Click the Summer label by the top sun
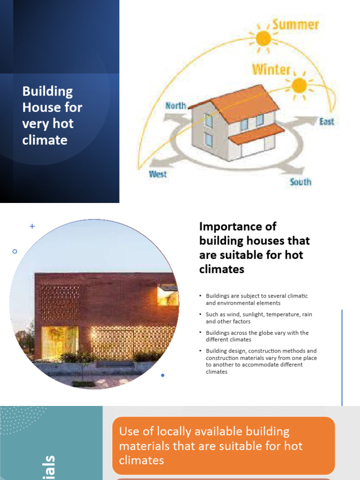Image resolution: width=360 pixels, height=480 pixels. point(295,24)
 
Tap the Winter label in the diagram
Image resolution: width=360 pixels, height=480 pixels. point(271,69)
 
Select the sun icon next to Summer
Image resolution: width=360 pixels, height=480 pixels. point(263,37)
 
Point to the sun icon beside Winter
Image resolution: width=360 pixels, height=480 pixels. point(299,85)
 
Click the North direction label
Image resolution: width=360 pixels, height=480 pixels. point(176,106)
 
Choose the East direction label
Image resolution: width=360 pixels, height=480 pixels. point(327,121)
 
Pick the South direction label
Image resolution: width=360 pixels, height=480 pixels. point(300,181)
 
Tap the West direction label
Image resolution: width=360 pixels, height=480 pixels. point(158,174)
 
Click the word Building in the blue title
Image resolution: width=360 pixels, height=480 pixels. point(48,91)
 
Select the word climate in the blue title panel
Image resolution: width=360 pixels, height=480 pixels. point(45,140)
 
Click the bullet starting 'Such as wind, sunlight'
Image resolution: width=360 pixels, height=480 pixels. point(258,318)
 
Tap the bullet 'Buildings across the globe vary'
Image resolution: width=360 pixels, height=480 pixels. point(257,336)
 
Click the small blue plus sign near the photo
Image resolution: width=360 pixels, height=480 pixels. point(32,226)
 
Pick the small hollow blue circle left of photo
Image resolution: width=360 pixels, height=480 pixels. point(15,252)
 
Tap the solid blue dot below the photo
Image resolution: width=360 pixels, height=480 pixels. point(163,375)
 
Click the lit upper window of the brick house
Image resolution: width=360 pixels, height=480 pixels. point(167,296)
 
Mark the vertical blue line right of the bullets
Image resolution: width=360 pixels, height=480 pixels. point(342,356)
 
